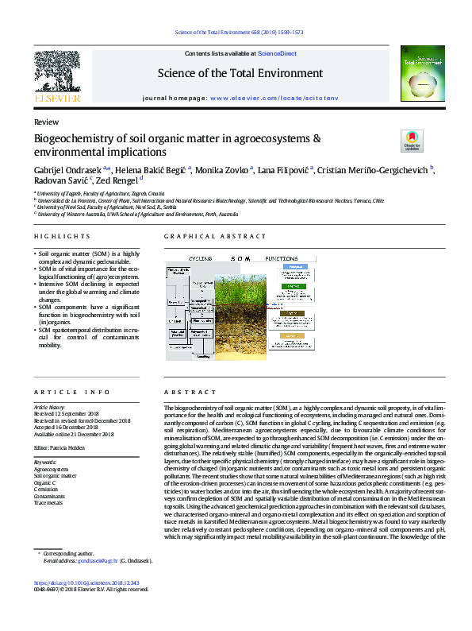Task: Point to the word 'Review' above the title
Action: pyautogui.click(x=46, y=123)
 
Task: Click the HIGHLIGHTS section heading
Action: pyautogui.click(x=63, y=237)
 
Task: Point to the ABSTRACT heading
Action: pyautogui.click(x=186, y=393)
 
